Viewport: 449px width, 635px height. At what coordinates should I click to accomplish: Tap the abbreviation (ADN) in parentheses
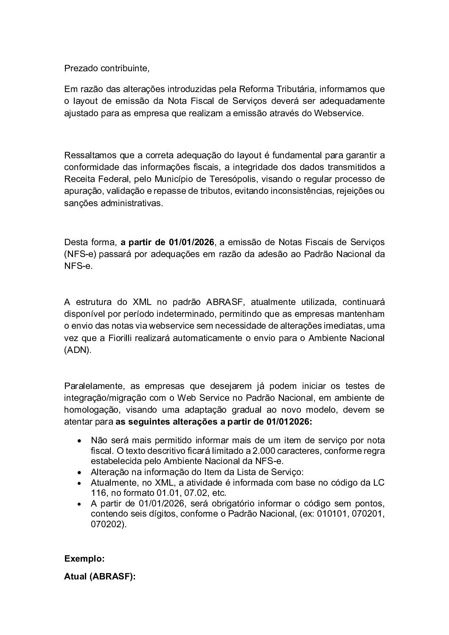point(77,351)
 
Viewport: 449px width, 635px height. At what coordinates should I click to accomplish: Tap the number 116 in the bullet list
point(98,493)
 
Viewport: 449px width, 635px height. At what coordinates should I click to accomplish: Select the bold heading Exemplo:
point(84,559)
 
